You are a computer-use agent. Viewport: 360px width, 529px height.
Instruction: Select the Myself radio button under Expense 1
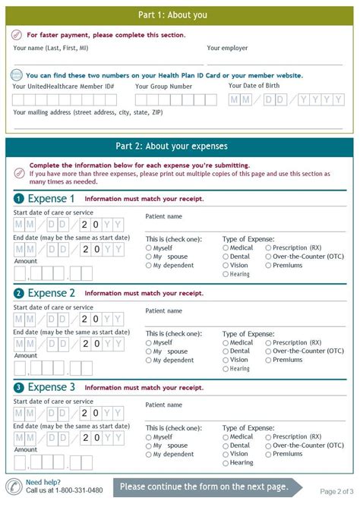[x=149, y=248]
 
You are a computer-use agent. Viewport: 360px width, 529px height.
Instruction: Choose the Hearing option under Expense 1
[x=226, y=275]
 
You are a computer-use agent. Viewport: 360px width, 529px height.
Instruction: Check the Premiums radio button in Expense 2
[x=268, y=360]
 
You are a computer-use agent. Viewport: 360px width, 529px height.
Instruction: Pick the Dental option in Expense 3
[x=226, y=446]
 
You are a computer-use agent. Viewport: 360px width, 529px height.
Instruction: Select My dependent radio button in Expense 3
[x=149, y=455]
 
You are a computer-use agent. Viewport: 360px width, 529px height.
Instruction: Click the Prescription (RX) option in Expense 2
[x=268, y=342]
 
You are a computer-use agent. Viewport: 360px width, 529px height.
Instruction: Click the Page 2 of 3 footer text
[x=336, y=492]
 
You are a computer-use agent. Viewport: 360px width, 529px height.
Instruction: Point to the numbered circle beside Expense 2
[x=18, y=293]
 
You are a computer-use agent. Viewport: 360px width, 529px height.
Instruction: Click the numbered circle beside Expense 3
[x=18, y=387]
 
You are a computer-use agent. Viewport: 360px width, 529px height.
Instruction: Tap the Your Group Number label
[x=163, y=87]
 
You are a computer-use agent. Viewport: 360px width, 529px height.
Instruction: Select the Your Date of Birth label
[x=259, y=86]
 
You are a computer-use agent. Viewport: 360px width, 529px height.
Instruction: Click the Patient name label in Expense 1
[x=163, y=216]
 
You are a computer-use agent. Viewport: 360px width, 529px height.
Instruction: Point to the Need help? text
[x=43, y=483]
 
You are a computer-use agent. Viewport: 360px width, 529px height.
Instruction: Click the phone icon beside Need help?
[x=14, y=486]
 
